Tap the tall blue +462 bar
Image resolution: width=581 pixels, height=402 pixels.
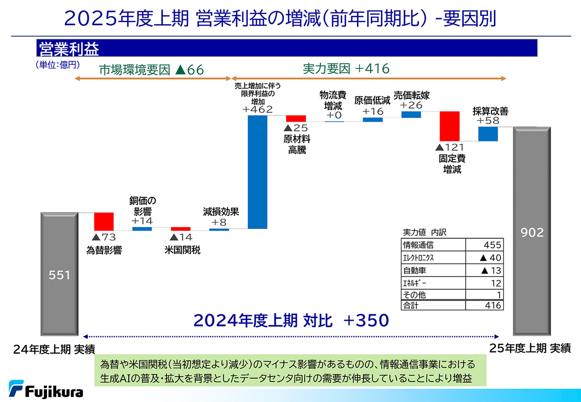[257, 172]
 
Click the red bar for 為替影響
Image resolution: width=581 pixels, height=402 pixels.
[104, 221]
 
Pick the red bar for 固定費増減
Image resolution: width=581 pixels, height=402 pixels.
[449, 126]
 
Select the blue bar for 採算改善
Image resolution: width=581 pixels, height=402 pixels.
[488, 134]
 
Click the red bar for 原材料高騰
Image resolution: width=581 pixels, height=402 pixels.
[296, 119]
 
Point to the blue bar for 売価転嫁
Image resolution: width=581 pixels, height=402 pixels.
[411, 115]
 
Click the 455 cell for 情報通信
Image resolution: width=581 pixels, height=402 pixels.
[484, 245]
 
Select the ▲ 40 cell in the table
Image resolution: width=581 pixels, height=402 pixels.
[484, 258]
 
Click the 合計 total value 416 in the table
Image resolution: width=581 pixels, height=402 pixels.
[484, 306]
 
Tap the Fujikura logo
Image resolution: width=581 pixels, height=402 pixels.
[46, 389]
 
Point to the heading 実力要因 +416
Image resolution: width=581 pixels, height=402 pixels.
[346, 69]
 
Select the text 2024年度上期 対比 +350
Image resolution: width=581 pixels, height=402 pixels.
[291, 320]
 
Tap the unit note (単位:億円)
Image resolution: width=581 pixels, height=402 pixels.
[57, 63]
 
